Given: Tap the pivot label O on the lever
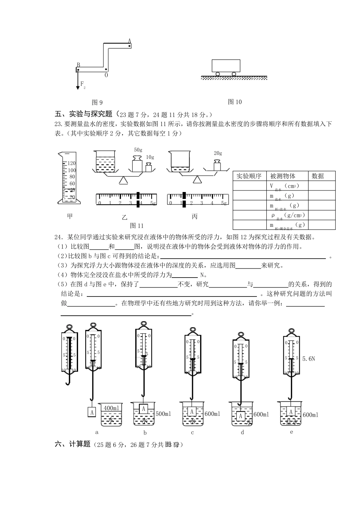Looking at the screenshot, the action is click(106, 75).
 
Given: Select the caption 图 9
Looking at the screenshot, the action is click(97, 102).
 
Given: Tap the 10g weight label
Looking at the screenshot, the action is click(150, 157).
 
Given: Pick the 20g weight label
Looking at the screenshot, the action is click(218, 153).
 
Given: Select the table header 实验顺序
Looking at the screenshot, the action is click(249, 176).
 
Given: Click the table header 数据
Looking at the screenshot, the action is click(318, 176).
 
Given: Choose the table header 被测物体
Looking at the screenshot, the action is click(283, 176).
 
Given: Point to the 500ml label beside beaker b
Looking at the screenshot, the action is click(163, 414).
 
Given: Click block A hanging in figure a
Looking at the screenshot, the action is click(92, 412).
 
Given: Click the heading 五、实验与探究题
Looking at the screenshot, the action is click(84, 114).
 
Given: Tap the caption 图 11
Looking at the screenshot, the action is click(137, 226).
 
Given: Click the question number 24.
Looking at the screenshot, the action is click(59, 237).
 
